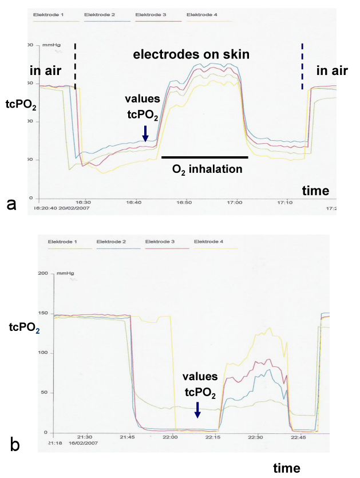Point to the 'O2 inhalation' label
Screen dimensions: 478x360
208,169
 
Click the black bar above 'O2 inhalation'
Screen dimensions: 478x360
205,156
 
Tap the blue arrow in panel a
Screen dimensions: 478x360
145,133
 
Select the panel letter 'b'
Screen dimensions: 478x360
15,443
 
